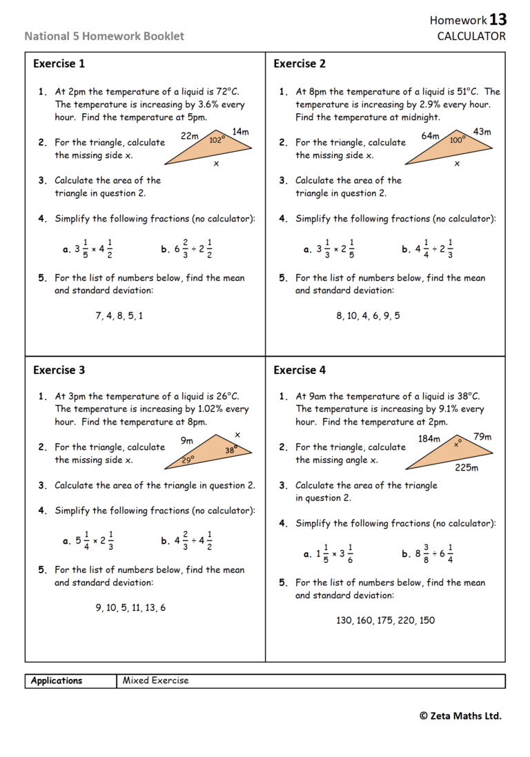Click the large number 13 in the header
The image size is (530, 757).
tap(498, 19)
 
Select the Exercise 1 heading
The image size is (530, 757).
tap(59, 64)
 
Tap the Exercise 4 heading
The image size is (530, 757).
tap(300, 370)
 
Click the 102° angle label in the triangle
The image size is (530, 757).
tap(217, 139)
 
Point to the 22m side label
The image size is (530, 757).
tap(190, 136)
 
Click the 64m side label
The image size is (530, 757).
tap(431, 136)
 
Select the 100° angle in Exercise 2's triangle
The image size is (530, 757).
tap(457, 139)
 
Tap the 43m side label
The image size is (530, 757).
tap(482, 131)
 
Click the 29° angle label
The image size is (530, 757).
tap(188, 459)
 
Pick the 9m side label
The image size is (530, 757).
tap(187, 440)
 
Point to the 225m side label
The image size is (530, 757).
tap(467, 467)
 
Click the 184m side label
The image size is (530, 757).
tap(429, 439)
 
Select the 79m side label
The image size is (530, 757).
tap(482, 436)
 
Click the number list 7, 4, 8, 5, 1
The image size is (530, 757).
tap(119, 316)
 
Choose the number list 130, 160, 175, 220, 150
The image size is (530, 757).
tap(385, 620)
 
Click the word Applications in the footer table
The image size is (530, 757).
tap(57, 680)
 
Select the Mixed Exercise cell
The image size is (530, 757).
tap(155, 680)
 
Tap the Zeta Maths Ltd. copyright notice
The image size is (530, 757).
tap(460, 716)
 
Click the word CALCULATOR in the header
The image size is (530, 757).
tap(471, 36)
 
